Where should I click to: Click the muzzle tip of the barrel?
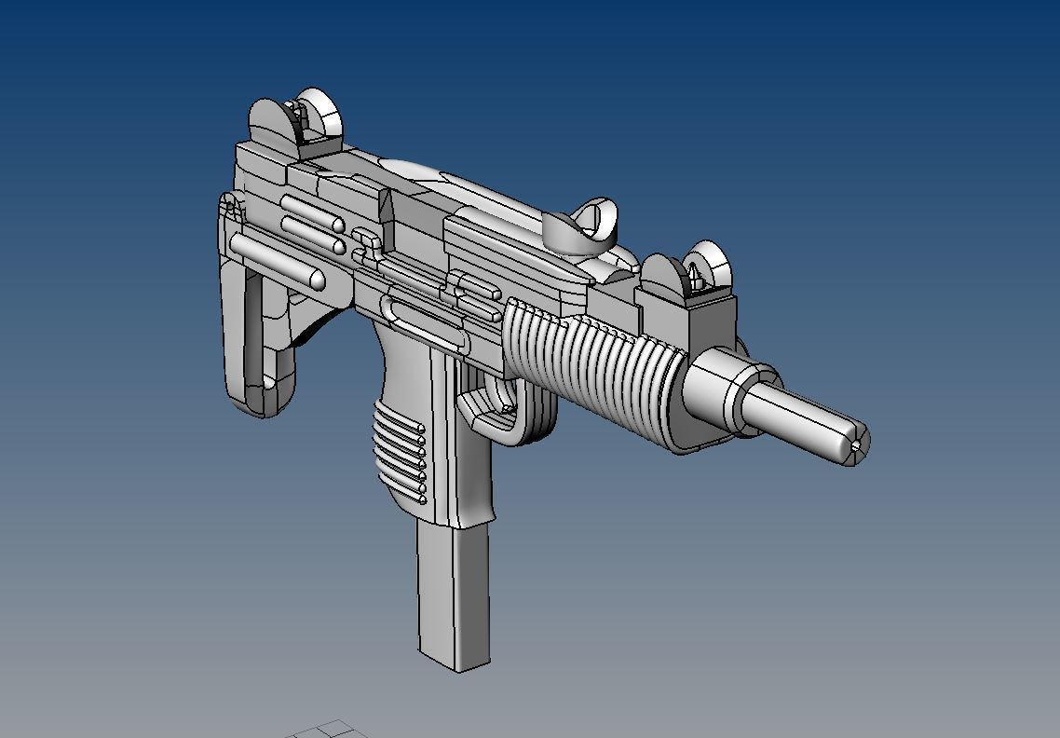coord(854,444)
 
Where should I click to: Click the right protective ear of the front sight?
coord(710,262)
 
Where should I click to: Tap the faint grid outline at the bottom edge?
coord(326,729)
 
